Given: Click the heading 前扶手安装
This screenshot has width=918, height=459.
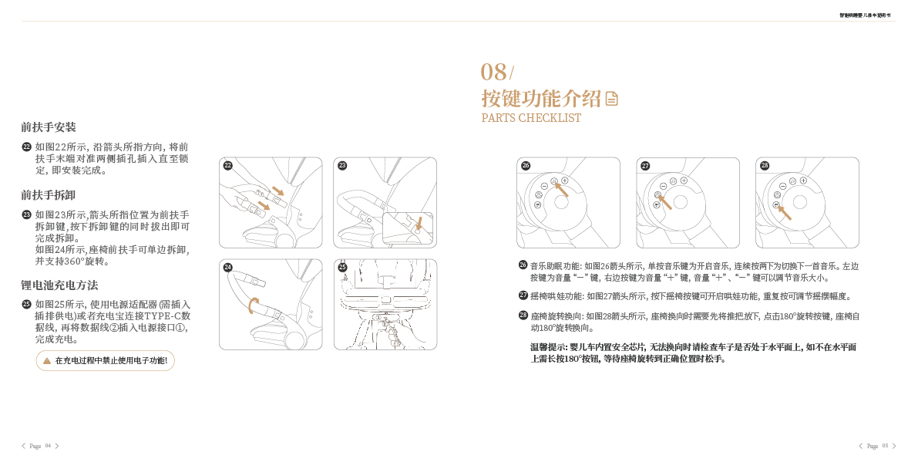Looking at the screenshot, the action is tap(49, 127).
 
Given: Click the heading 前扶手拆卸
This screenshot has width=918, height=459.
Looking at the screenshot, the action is tap(49, 195).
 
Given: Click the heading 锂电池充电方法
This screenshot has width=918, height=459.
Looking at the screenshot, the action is tap(59, 285).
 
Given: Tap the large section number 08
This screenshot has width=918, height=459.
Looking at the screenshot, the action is tap(494, 73).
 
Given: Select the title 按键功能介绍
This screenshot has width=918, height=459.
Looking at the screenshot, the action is tap(541, 99).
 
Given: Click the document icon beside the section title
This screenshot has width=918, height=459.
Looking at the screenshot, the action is tap(611, 99).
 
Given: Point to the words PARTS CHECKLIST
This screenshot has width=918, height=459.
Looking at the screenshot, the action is tap(531, 118).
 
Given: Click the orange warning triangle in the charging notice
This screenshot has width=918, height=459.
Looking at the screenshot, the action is tap(47, 360).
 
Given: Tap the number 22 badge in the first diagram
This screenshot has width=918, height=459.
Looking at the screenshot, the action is tap(228, 165).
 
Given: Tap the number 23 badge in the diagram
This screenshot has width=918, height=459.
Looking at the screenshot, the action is tap(342, 165).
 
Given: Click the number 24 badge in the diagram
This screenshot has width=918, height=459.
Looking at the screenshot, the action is tap(228, 267).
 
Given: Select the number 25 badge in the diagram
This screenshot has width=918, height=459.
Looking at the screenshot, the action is tap(342, 267).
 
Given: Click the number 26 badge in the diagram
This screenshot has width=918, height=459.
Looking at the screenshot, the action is tap(526, 165).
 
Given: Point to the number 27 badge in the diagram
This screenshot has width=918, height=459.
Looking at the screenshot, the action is tap(645, 165).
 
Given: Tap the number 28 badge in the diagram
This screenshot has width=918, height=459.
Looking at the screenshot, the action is tap(765, 165).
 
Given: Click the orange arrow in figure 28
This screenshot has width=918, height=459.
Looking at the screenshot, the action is tap(784, 211).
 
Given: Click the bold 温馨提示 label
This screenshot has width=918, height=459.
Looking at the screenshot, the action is tap(548, 347).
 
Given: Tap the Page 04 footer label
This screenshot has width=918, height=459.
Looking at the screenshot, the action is tap(40, 446).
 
